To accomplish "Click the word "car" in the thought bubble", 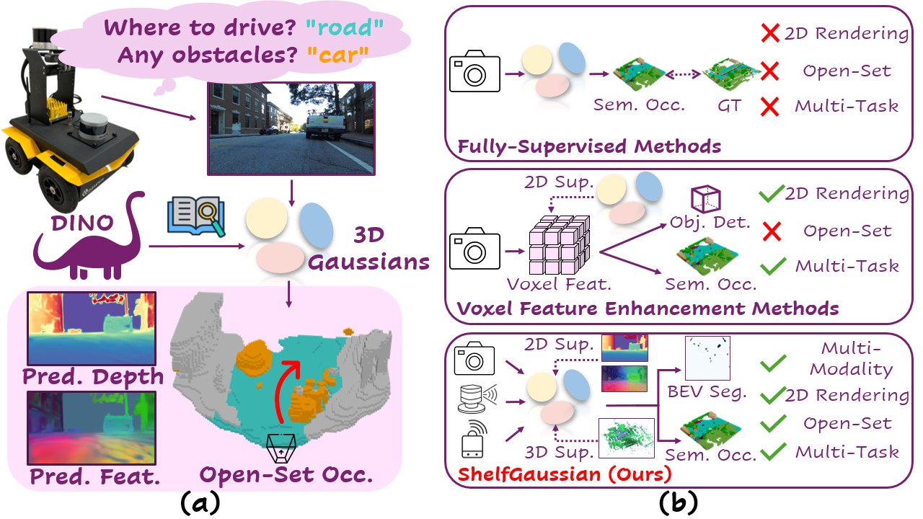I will (x=337, y=56).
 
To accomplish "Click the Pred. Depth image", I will (x=92, y=328).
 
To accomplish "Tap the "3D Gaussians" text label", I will (x=368, y=249).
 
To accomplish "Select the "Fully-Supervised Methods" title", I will (x=589, y=146).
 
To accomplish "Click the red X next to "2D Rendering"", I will (x=770, y=32).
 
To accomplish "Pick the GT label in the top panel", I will (x=729, y=106).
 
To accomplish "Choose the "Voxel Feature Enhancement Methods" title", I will (x=648, y=309).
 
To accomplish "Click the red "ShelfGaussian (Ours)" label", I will (x=564, y=475).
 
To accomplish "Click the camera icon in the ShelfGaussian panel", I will (x=474, y=358).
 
